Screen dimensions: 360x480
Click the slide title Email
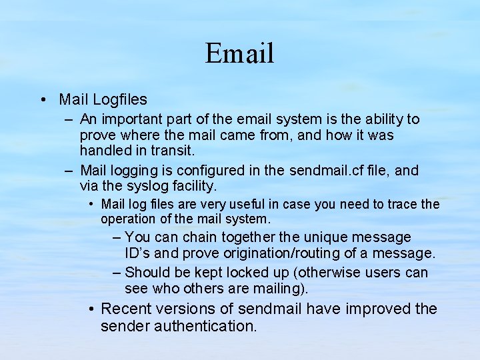[239, 53]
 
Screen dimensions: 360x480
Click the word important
[129, 119]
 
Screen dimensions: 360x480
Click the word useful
[250, 204]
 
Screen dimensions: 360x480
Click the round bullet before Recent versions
[92, 309]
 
